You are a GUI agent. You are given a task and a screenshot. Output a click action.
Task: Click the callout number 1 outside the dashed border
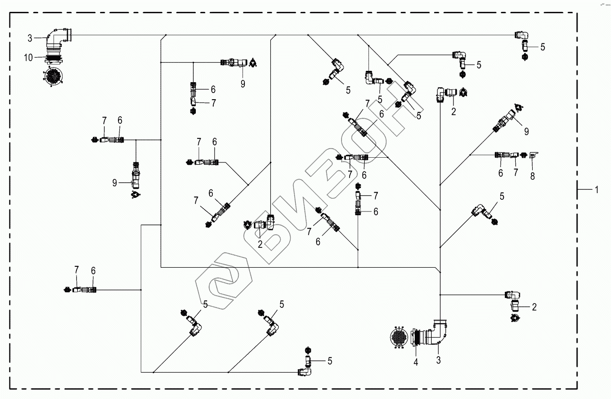click(596, 189)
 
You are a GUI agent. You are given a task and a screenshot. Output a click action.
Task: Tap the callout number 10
click(29, 58)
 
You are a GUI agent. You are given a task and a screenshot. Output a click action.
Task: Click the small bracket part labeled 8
click(534, 154)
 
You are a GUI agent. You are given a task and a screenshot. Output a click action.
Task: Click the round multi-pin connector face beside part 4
click(399, 338)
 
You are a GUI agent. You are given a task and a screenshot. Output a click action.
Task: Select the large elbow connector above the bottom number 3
click(436, 333)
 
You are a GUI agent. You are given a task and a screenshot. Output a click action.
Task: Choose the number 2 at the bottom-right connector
click(534, 307)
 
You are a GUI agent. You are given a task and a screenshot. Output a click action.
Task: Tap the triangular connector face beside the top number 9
click(253, 62)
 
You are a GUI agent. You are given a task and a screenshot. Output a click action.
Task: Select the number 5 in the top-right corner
click(543, 47)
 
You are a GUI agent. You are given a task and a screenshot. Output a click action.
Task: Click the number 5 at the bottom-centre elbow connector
click(330, 361)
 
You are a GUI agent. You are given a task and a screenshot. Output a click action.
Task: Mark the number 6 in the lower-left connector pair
click(93, 271)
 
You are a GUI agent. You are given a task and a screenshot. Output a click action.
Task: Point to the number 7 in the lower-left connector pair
click(76, 270)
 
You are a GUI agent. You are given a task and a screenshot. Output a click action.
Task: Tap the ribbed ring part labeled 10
click(53, 57)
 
